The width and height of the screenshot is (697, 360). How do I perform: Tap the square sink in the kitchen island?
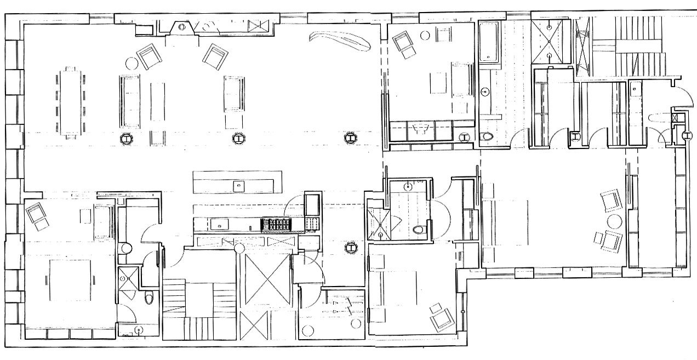click(239, 185)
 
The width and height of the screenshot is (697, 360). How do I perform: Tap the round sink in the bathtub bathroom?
click(485, 92)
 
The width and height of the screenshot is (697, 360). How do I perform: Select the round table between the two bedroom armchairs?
click(614, 222)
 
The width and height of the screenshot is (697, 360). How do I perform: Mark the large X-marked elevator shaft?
click(267, 281)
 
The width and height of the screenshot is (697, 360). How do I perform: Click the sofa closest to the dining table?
click(130, 101)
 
